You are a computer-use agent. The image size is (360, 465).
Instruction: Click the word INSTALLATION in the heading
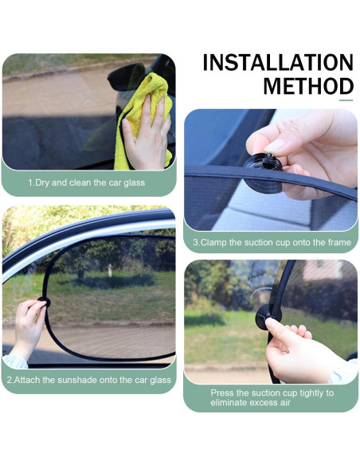(x=278, y=63)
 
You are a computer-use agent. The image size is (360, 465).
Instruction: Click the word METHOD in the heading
(x=308, y=86)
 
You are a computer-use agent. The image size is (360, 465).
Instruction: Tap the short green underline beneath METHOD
(x=346, y=100)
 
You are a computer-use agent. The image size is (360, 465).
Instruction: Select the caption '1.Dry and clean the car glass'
(x=88, y=182)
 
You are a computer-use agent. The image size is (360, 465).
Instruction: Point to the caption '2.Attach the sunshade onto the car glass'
(x=88, y=380)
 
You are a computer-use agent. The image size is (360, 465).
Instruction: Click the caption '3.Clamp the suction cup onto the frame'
(x=271, y=242)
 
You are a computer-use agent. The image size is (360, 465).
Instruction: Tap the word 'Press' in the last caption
(x=224, y=393)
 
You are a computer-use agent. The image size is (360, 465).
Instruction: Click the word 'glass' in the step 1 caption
(x=135, y=182)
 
